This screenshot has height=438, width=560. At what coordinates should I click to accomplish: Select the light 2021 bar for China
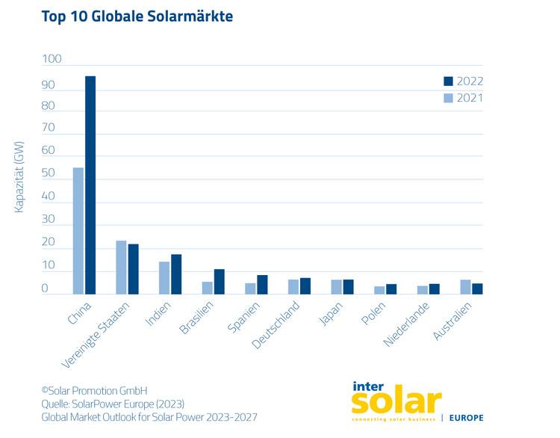[78, 231]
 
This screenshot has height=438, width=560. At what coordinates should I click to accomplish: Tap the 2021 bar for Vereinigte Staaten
[121, 268]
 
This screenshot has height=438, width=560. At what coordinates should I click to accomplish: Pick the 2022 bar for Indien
[176, 274]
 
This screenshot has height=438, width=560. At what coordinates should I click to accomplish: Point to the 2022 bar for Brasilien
[220, 282]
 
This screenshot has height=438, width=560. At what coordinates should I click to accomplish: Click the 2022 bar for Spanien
[262, 285]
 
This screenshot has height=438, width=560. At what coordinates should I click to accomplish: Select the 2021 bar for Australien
[466, 287]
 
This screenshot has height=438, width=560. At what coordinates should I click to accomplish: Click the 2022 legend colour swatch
[449, 81]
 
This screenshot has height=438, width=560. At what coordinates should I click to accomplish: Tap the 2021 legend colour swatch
[449, 98]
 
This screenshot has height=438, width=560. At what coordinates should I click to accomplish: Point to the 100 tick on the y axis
[52, 60]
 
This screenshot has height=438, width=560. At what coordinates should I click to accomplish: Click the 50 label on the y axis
[49, 174]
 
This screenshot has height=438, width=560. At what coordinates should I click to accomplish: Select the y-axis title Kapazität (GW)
[19, 177]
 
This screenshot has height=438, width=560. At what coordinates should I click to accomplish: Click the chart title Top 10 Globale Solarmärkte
[138, 16]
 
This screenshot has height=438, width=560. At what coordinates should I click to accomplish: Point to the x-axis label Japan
[332, 314]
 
